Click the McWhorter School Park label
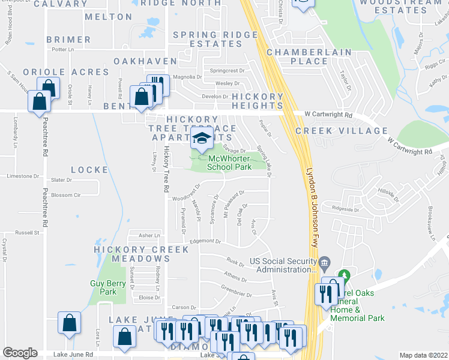pyautogui.click(x=229, y=163)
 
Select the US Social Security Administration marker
pyautogui.click(x=324, y=262)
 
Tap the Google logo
pyautogui.click(x=20, y=353)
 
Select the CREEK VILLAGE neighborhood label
pyautogui.click(x=342, y=131)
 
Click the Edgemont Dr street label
pyautogui.click(x=205, y=241)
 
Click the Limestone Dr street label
pyautogui.click(x=22, y=176)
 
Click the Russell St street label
pyautogui.click(x=27, y=232)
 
